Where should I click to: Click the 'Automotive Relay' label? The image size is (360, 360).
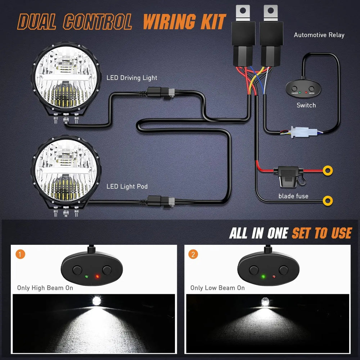319,35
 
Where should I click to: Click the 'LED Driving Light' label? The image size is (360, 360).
132,78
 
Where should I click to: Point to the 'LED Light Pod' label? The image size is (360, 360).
127,186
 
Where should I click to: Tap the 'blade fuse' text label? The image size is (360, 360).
293,196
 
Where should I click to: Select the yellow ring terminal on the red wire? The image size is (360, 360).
328,170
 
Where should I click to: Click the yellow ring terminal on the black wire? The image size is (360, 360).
328,200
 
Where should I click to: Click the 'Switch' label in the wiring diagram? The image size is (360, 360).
306,105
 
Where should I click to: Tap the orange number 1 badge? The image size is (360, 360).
21,255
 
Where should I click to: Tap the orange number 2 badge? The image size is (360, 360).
194,255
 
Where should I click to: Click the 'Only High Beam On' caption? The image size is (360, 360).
45,288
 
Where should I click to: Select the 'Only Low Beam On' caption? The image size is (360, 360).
217,288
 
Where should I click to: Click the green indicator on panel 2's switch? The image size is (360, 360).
263,277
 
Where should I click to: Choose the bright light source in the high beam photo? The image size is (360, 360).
96,301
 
